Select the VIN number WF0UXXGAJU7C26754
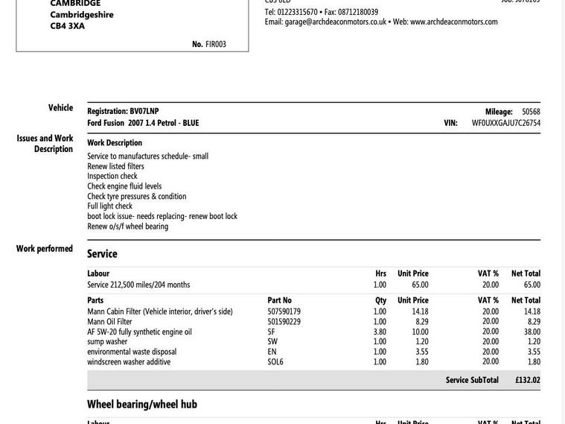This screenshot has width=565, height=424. (x=506, y=123)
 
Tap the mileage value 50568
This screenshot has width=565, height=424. (x=531, y=112)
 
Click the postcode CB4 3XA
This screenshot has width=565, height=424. (x=68, y=26)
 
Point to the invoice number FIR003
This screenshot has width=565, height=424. (x=216, y=44)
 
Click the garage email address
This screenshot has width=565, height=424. (x=336, y=22)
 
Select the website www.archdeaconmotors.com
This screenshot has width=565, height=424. (x=454, y=22)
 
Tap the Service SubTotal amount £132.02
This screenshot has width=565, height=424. (x=528, y=380)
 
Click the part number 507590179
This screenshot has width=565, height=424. (x=284, y=311)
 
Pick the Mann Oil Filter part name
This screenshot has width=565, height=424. (x=109, y=322)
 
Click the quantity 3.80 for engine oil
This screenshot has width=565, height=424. (x=380, y=332)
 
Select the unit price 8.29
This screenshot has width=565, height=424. (x=422, y=322)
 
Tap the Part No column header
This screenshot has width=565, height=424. (x=280, y=300)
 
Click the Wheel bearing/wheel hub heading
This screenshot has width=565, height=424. (x=142, y=404)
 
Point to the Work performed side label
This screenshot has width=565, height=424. (x=45, y=249)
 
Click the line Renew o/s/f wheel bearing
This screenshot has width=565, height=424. (x=127, y=226)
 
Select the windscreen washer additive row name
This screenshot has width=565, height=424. (x=129, y=362)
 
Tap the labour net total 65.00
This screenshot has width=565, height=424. (x=532, y=285)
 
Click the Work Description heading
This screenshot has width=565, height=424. (x=115, y=142)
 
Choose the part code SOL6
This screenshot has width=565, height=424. (x=275, y=362)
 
